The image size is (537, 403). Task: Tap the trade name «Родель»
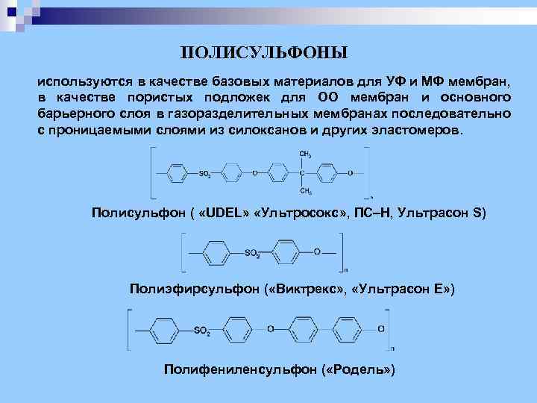(x=362, y=369)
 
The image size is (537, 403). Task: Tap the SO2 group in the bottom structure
(x=202, y=330)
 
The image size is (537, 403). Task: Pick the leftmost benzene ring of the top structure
(x=176, y=173)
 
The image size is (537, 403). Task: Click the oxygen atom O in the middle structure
(x=317, y=252)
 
